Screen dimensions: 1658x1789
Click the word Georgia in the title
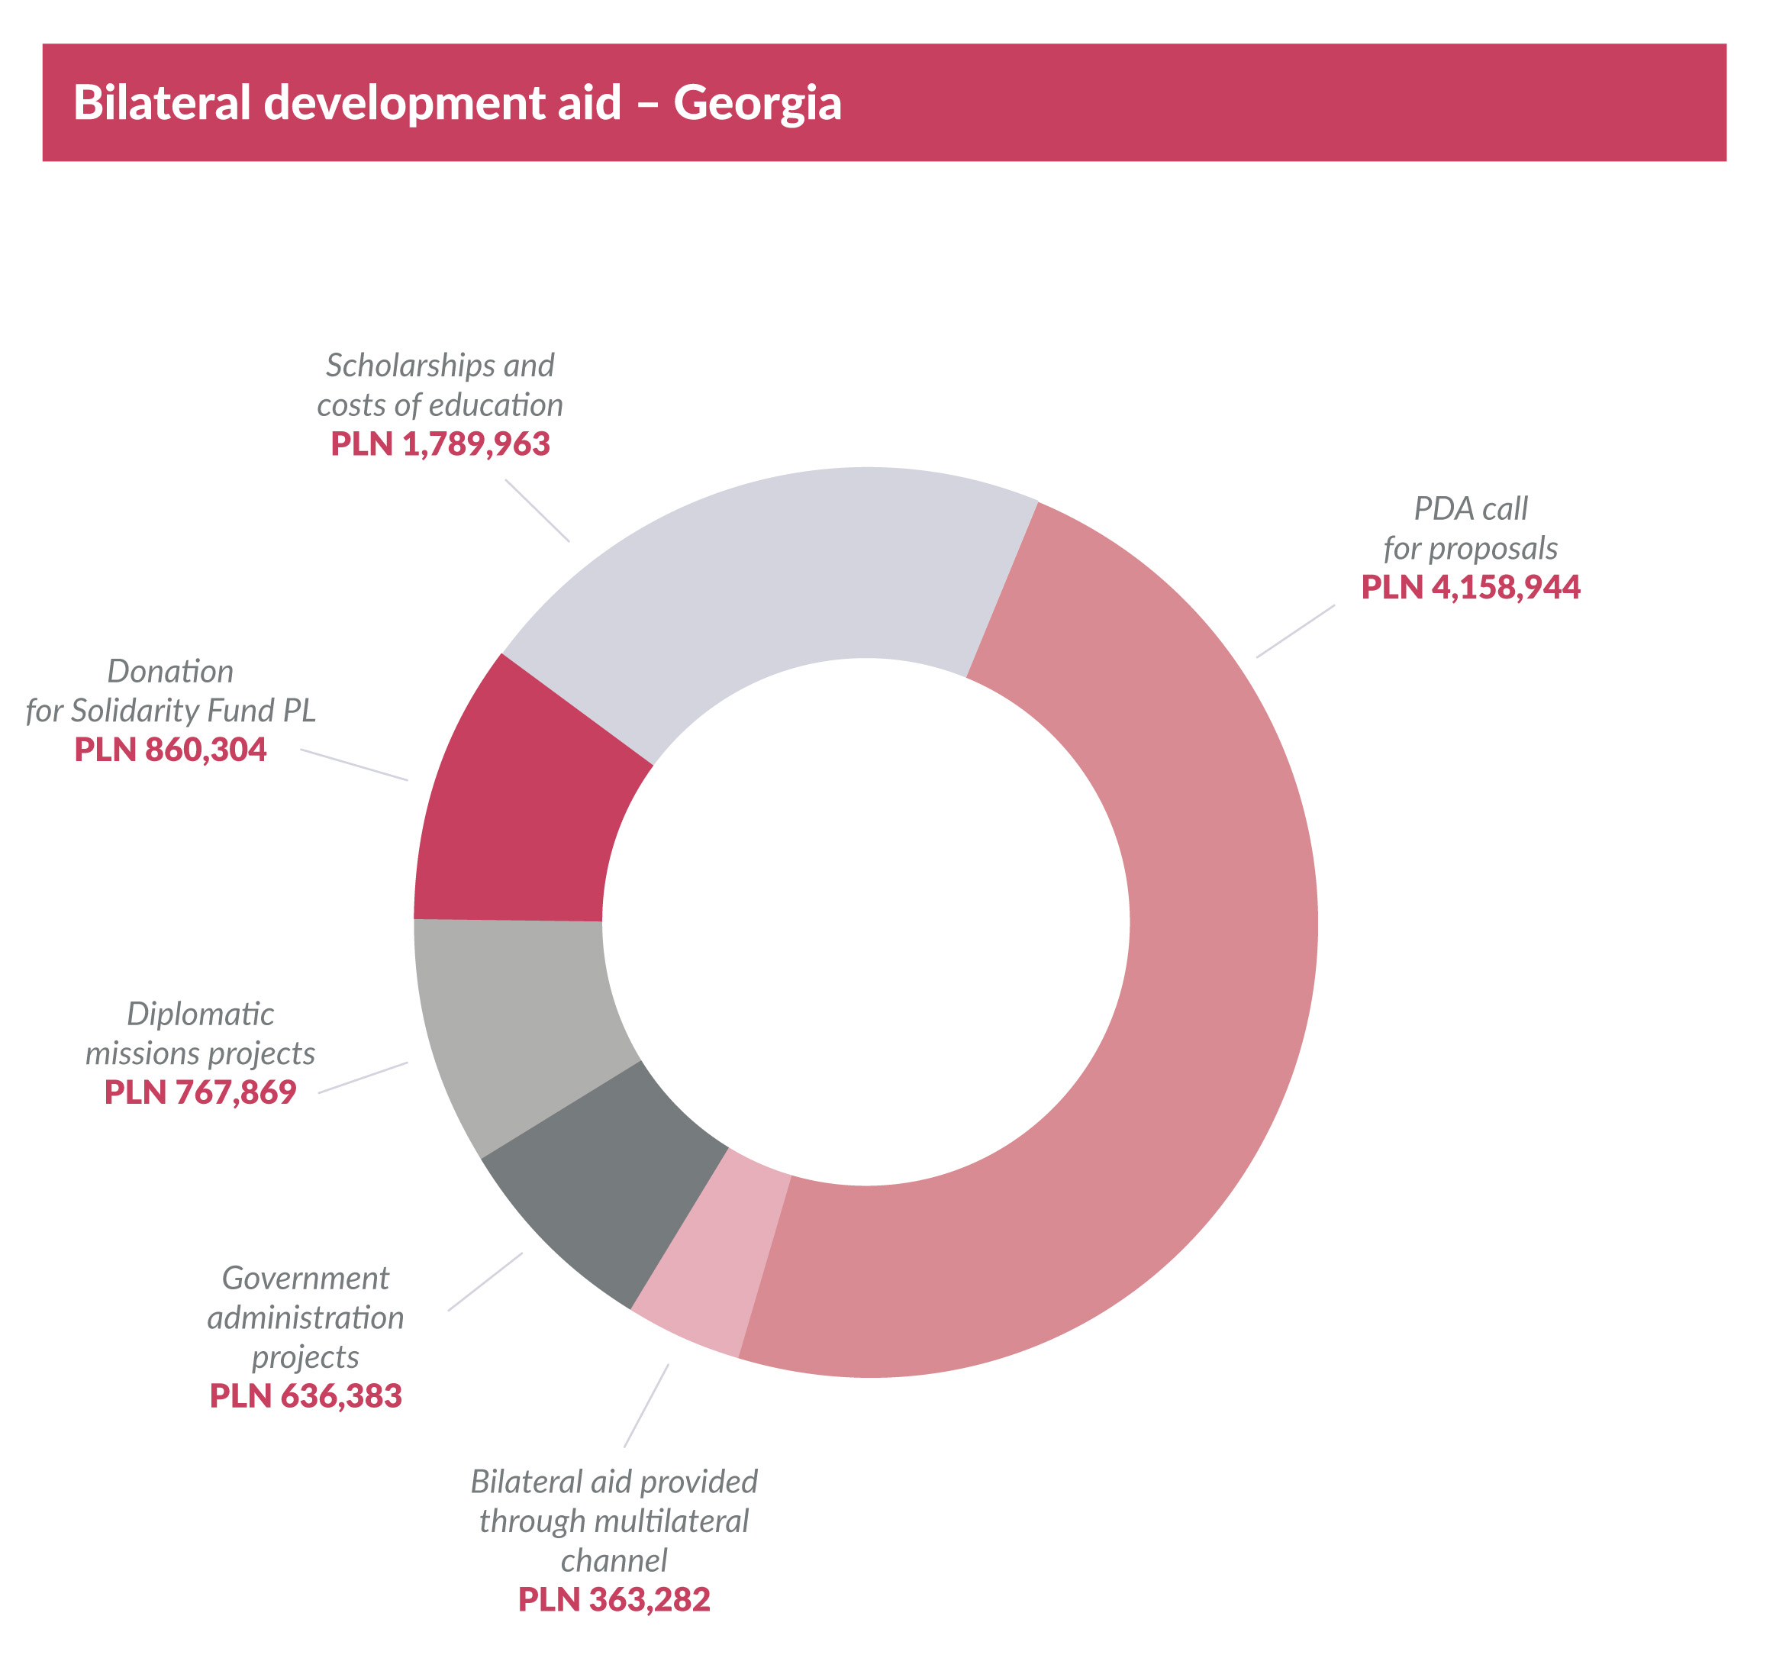(x=757, y=103)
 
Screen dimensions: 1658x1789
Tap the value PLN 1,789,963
(x=440, y=444)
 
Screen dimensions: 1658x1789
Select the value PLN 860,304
(x=170, y=750)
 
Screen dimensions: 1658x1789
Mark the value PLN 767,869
(x=200, y=1093)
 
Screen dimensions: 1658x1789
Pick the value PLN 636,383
(x=305, y=1396)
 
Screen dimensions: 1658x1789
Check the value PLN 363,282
(x=614, y=1600)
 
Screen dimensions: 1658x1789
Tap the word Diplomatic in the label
(x=200, y=1014)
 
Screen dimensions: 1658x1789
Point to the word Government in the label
(x=305, y=1278)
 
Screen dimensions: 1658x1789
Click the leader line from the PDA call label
(x=1294, y=631)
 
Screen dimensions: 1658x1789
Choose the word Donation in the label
(x=170, y=671)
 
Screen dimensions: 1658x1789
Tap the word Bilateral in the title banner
(x=162, y=103)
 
